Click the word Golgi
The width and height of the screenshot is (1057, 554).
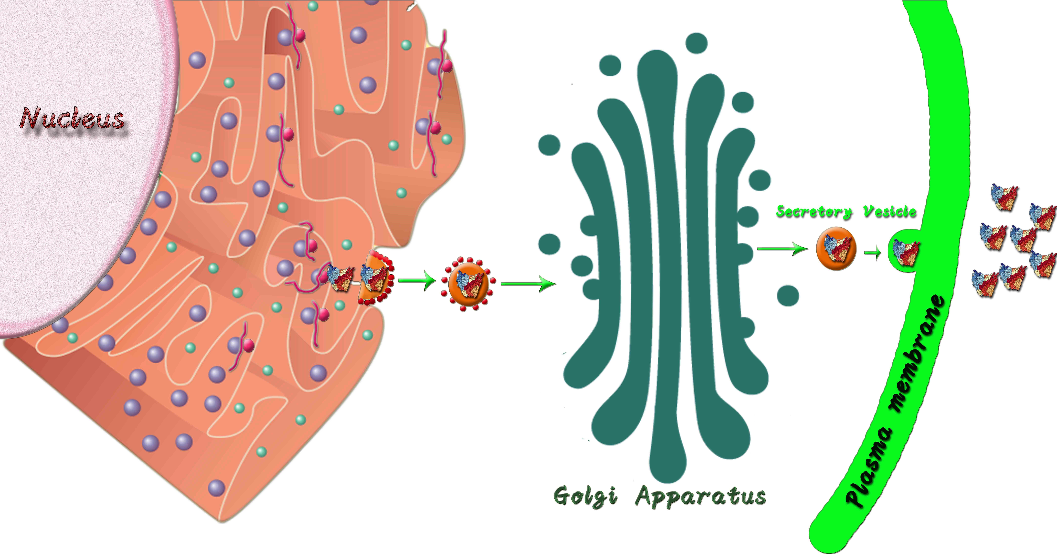(586, 496)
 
